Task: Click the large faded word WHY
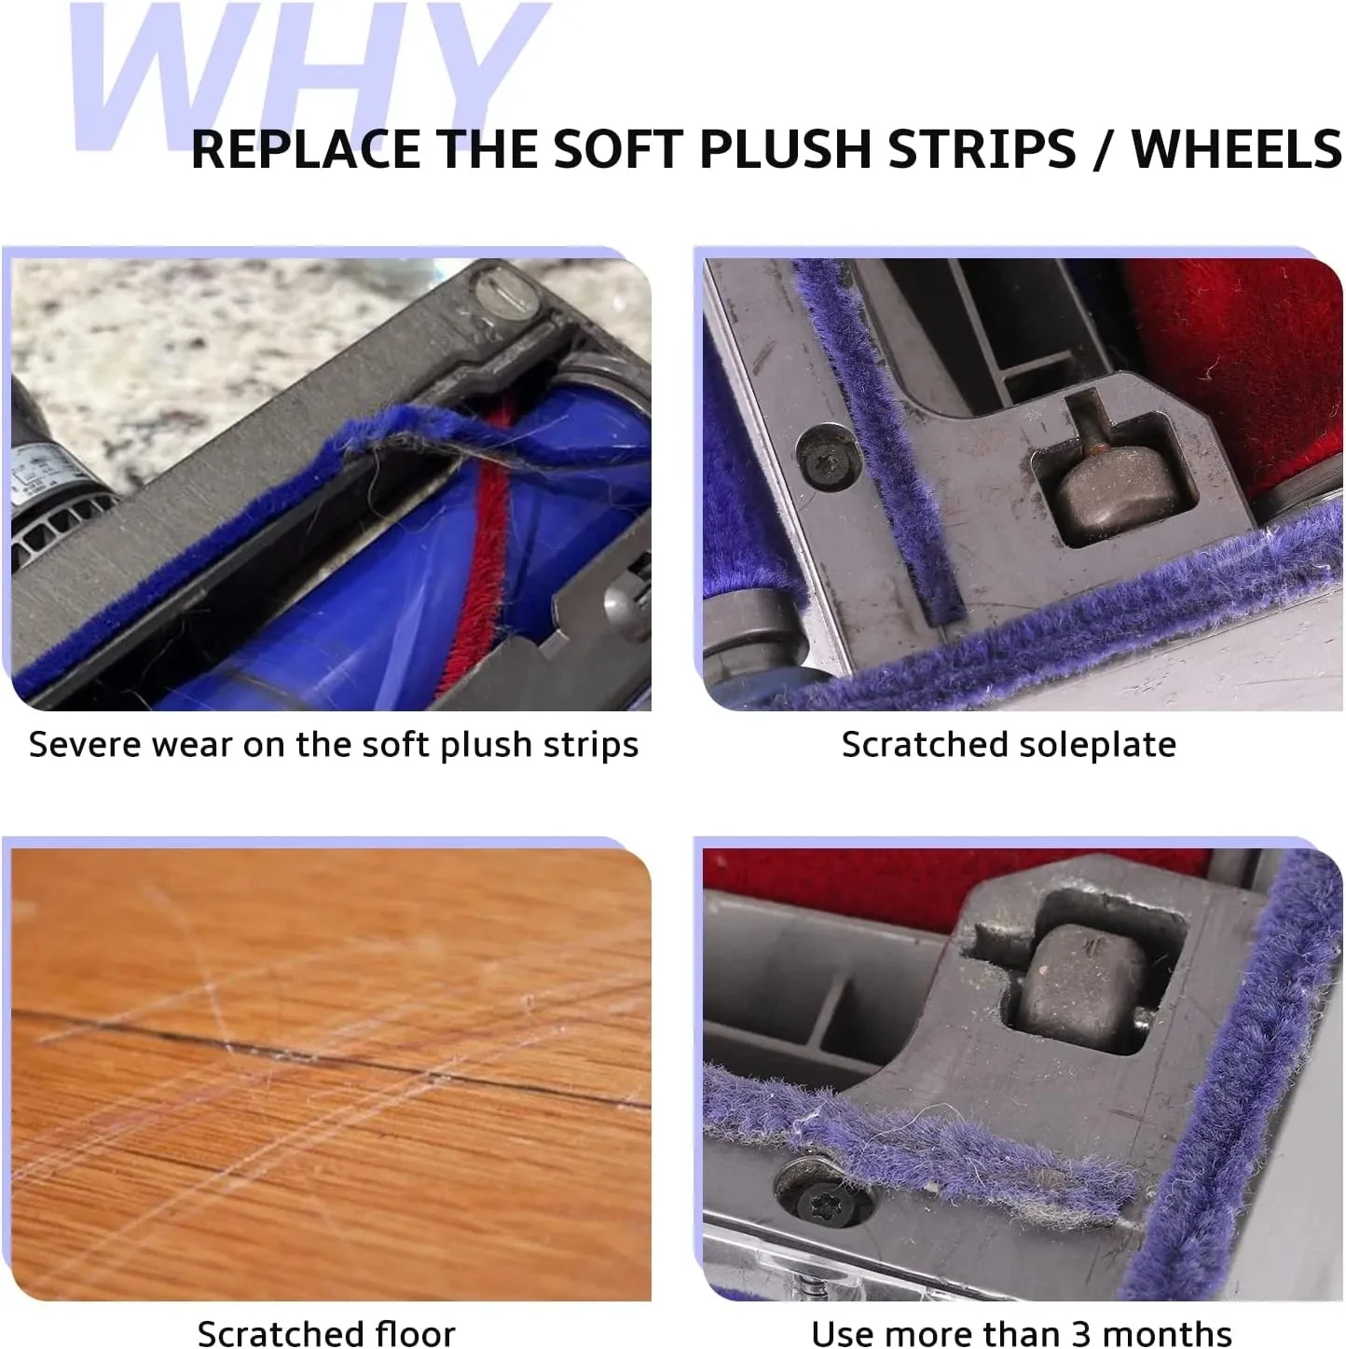(308, 75)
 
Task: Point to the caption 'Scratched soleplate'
(1008, 745)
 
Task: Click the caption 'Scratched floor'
(326, 1332)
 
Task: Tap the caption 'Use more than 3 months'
(1021, 1332)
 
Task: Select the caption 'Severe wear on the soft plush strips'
(333, 745)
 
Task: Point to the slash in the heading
(1103, 149)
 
